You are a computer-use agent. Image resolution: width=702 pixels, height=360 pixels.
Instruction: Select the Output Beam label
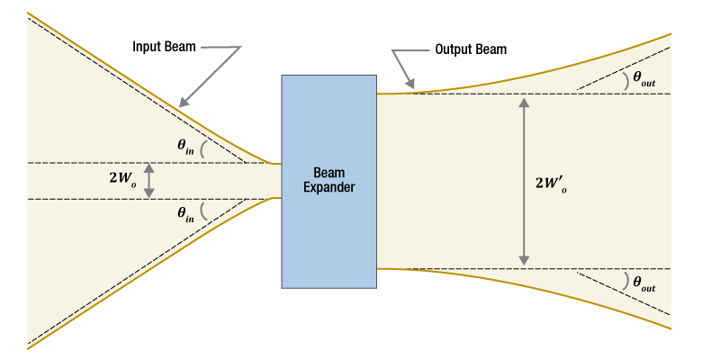click(x=471, y=49)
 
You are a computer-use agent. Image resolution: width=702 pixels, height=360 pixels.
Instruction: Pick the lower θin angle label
click(x=185, y=213)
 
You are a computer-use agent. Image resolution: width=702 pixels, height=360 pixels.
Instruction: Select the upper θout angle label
click(x=643, y=79)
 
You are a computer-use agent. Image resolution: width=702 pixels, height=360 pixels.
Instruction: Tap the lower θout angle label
click(x=643, y=283)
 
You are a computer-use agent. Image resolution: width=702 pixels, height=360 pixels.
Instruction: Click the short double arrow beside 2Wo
click(x=149, y=180)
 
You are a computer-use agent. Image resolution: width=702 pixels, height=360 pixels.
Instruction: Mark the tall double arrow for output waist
click(x=522, y=181)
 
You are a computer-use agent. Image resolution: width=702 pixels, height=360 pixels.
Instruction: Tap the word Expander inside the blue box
click(x=328, y=188)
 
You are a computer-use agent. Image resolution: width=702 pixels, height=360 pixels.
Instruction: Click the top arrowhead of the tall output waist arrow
click(x=522, y=101)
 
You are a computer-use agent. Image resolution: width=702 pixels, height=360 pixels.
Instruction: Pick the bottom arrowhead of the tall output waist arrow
click(x=522, y=261)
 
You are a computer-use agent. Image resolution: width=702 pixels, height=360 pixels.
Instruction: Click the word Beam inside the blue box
click(x=328, y=173)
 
